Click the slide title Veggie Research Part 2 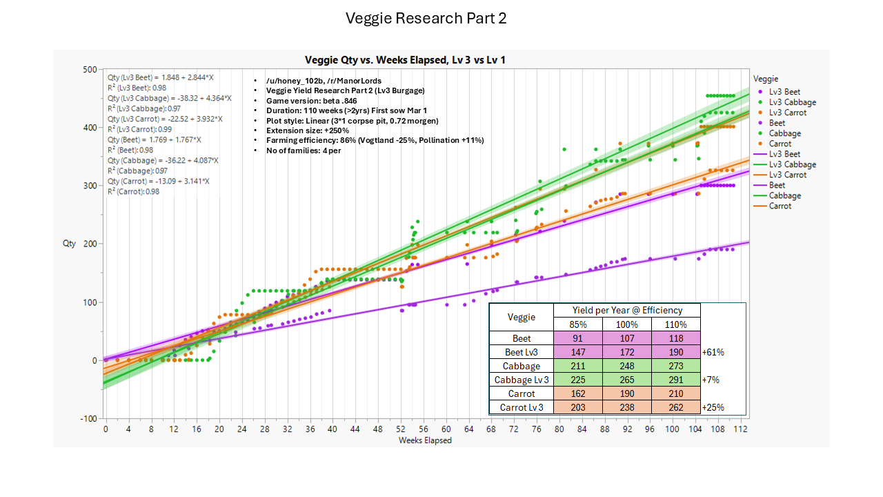tap(426, 19)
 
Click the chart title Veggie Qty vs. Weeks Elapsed tap(407, 60)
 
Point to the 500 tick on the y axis tap(90, 69)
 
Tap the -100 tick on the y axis tap(88, 419)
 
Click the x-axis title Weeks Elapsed tap(425, 440)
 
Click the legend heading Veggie tap(766, 79)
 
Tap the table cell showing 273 tap(676, 366)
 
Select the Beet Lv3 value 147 tap(578, 352)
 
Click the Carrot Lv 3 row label tap(521, 407)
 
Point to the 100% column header tap(627, 324)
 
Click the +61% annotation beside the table tap(713, 352)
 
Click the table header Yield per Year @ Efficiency tap(626, 311)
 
